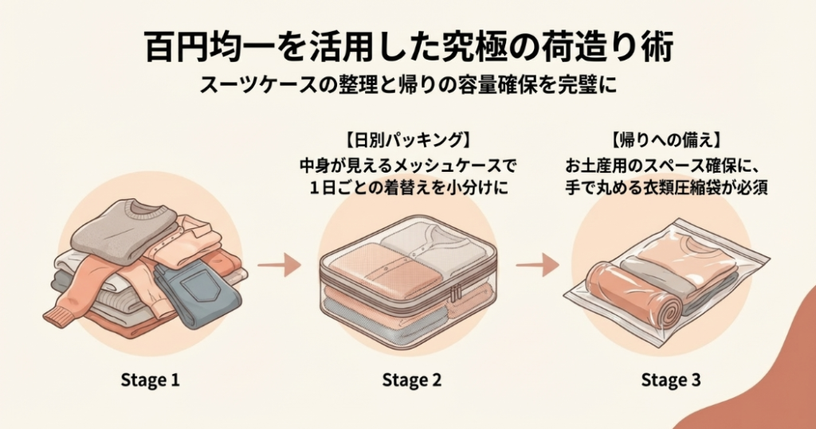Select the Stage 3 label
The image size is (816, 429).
coord(671,380)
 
